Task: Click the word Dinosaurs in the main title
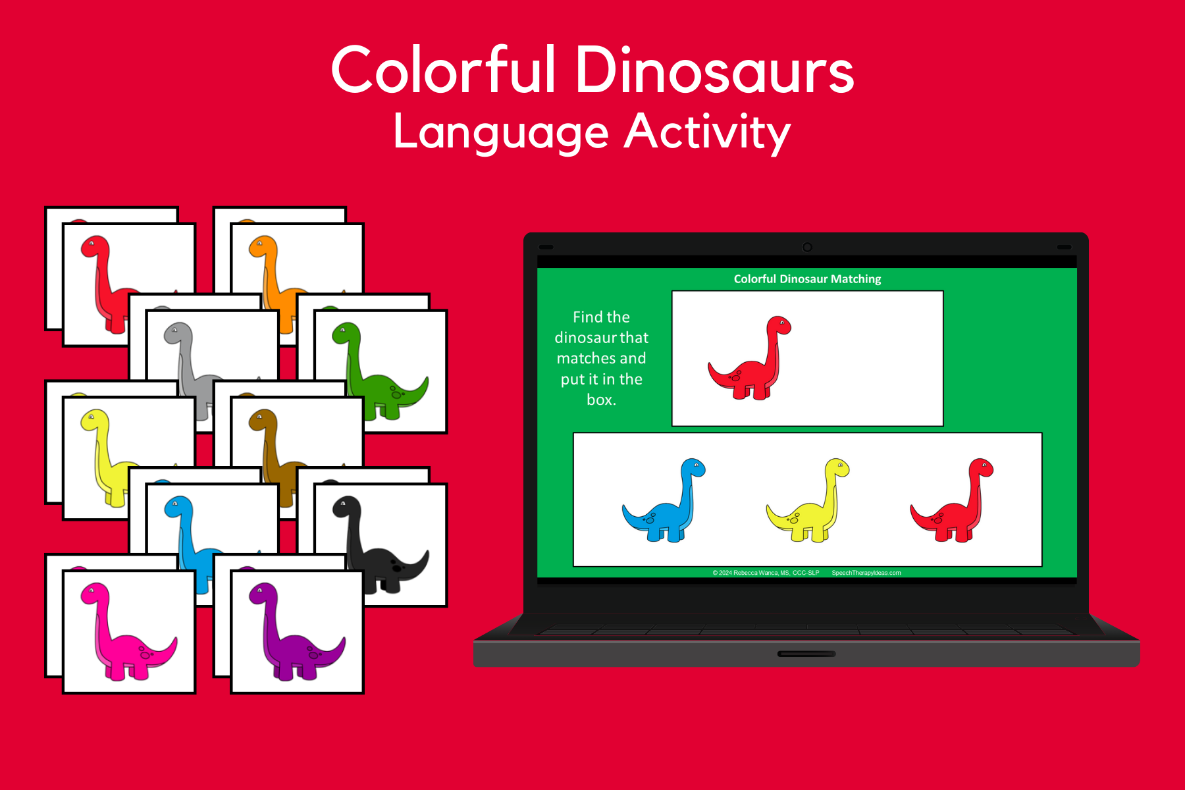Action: (715, 70)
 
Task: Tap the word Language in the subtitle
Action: (501, 134)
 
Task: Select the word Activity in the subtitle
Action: (708, 134)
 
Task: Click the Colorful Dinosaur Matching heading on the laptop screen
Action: (807, 279)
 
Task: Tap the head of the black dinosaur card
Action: (347, 508)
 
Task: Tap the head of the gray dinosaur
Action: (178, 334)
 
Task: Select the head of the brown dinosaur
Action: (263, 421)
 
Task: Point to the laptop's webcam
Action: (807, 247)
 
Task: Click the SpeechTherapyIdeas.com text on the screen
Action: (866, 573)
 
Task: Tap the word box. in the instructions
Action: (602, 400)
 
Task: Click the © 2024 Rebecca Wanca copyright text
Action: (766, 573)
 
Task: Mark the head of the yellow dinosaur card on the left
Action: (95, 421)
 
